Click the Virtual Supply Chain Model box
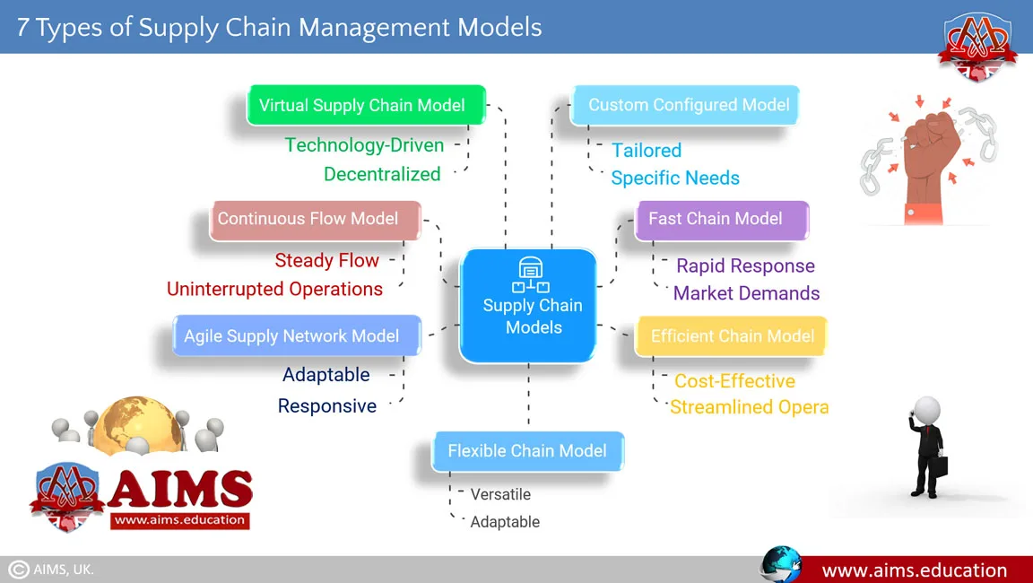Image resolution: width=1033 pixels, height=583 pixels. pyautogui.click(x=366, y=105)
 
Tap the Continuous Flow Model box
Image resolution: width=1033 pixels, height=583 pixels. pyautogui.click(x=315, y=219)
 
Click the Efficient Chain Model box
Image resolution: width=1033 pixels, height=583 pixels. pyautogui.click(x=731, y=336)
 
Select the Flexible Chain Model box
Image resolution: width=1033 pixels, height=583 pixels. pyautogui.click(x=527, y=450)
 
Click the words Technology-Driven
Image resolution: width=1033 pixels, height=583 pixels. pyautogui.click(x=364, y=144)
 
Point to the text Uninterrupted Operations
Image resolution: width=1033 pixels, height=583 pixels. pyautogui.click(x=274, y=289)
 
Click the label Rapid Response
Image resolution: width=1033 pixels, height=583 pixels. pyautogui.click(x=745, y=265)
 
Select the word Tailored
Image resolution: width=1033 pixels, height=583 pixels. pyautogui.click(x=646, y=150)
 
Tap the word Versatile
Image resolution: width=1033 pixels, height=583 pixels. pyautogui.click(x=500, y=494)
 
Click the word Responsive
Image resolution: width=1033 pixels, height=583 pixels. pyautogui.click(x=326, y=405)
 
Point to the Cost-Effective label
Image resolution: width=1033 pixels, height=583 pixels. pyautogui.click(x=734, y=381)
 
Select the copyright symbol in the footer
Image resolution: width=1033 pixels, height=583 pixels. pyautogui.click(x=18, y=570)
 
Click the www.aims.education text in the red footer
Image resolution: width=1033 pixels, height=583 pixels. pyautogui.click(x=914, y=570)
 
